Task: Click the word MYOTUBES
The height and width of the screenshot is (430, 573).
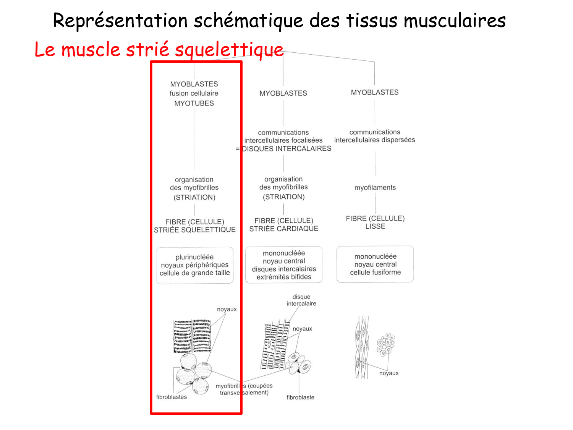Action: [194, 103]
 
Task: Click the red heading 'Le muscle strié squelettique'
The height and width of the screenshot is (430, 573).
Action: [159, 50]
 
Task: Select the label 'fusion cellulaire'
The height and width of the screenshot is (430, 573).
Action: [194, 93]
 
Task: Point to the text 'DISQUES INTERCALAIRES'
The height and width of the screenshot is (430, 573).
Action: [286, 149]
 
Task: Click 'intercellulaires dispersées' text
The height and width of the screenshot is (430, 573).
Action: [374, 140]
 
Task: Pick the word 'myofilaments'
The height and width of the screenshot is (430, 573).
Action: [375, 188]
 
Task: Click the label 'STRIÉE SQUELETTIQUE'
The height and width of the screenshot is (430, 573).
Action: [195, 230]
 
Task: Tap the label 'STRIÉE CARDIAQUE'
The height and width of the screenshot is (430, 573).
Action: [284, 229]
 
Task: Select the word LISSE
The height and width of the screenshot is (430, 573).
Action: [375, 226]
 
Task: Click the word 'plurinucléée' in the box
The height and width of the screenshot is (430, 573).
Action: [194, 257]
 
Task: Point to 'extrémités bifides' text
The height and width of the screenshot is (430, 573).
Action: [284, 277]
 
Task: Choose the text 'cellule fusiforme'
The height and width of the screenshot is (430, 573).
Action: [376, 273]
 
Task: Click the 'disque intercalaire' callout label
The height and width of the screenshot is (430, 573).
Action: [301, 300]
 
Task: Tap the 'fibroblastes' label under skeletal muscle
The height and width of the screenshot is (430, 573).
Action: [172, 397]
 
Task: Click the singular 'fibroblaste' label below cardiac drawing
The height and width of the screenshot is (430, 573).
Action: [301, 398]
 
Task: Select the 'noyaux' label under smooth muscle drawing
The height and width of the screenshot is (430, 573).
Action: [389, 373]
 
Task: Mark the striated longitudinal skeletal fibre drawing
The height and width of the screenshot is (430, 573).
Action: [192, 336]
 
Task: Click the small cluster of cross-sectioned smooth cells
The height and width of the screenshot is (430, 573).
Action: [386, 344]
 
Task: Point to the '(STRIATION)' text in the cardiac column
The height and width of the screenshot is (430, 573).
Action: [284, 197]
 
